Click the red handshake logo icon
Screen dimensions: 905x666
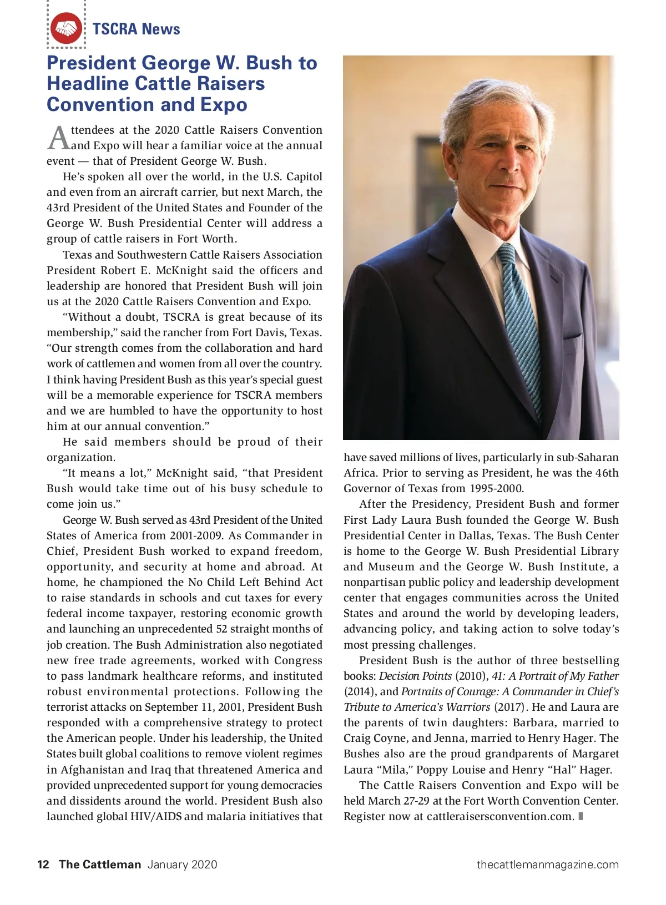click(66, 28)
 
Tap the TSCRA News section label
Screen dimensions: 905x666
click(136, 29)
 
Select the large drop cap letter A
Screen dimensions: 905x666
click(58, 139)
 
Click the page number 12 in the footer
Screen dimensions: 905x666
click(43, 864)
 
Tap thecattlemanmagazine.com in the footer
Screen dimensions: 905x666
click(547, 864)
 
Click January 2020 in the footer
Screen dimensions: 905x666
click(182, 864)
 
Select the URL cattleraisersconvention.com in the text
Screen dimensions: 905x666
click(500, 816)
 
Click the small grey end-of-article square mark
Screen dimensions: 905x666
click(581, 816)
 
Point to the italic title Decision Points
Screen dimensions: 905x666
click(415, 676)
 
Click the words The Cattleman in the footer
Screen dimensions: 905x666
click(100, 864)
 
